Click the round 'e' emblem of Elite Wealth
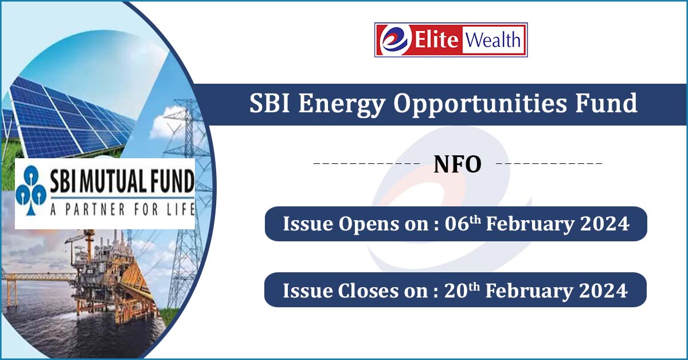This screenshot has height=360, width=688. tap(394, 40)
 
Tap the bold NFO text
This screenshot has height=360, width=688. tap(458, 165)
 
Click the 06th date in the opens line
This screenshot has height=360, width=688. tap(463, 223)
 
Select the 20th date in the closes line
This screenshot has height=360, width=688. tap(462, 290)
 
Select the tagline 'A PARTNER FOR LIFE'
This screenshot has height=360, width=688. tap(122, 209)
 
